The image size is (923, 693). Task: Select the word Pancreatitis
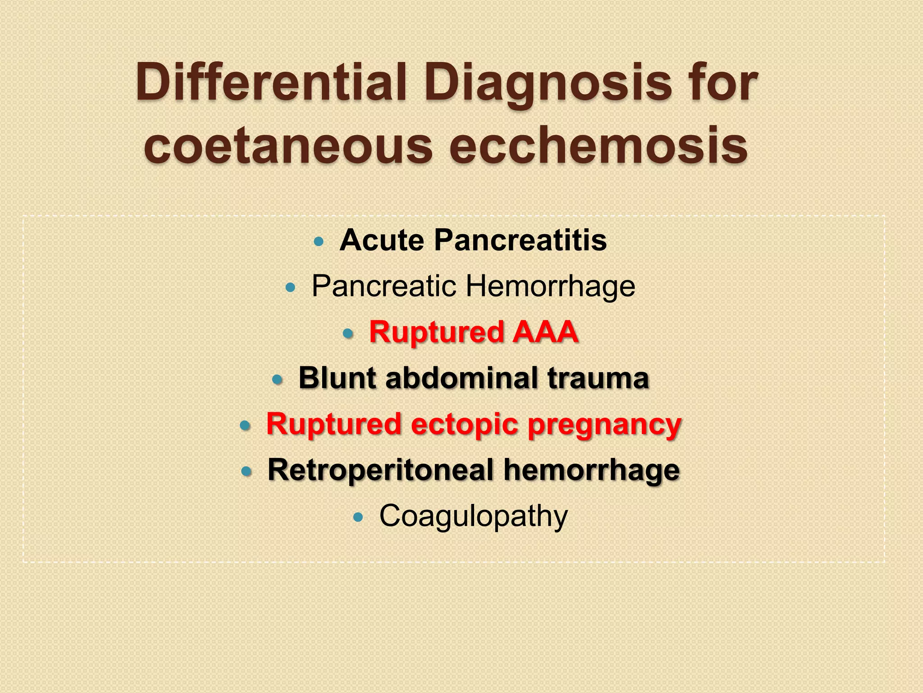click(521, 240)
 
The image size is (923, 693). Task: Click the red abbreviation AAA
click(545, 332)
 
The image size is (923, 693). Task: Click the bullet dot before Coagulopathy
click(358, 517)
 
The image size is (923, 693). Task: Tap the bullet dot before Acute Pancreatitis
click(319, 241)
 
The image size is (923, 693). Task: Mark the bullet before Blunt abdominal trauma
click(277, 380)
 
